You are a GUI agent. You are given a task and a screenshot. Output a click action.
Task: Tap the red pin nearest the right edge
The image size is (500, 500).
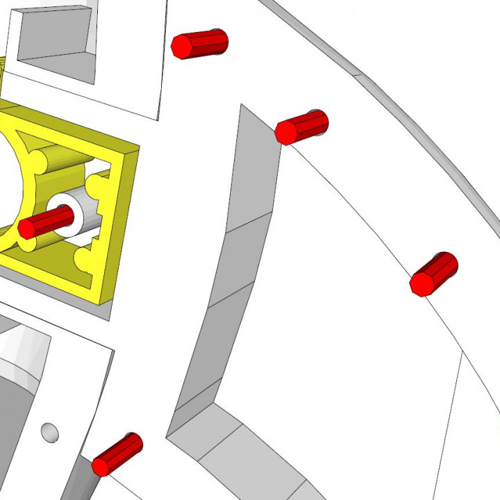(435, 274)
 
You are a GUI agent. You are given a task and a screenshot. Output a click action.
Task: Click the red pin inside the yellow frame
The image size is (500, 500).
(47, 222)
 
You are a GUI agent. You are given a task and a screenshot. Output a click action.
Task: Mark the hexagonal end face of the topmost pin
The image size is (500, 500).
(182, 47)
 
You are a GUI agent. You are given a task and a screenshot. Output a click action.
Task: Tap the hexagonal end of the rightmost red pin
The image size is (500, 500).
(422, 283)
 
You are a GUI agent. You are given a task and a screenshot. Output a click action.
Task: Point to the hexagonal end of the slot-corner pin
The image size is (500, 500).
(285, 132)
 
